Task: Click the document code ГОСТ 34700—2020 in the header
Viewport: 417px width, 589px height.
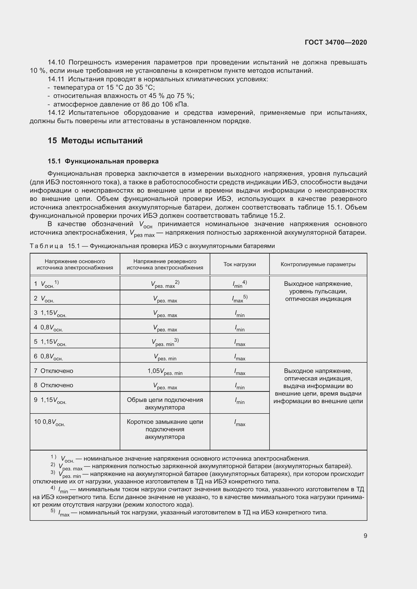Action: pyautogui.click(x=336, y=42)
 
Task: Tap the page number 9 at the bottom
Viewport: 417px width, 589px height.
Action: pyautogui.click(x=365, y=536)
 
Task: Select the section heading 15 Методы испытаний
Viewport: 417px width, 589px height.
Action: pyautogui.click(x=95, y=141)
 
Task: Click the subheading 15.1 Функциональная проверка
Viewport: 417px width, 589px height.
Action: pyautogui.click(x=103, y=161)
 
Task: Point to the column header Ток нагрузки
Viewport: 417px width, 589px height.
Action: pyautogui.click(x=239, y=264)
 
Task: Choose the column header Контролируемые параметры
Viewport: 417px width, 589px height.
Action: pyautogui.click(x=318, y=264)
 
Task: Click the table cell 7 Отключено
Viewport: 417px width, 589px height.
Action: pyautogui.click(x=54, y=371)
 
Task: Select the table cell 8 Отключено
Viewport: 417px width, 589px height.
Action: pyautogui.click(x=54, y=385)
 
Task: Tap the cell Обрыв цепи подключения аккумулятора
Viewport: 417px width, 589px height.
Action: pyautogui.click(x=165, y=403)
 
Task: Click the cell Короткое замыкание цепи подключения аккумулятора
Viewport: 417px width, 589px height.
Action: pyautogui.click(x=165, y=429)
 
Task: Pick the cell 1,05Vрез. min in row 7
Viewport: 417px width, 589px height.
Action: pyautogui.click(x=165, y=371)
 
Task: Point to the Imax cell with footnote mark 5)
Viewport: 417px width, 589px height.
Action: pyautogui.click(x=240, y=299)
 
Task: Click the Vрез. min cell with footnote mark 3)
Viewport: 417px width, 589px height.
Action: pyautogui.click(x=165, y=342)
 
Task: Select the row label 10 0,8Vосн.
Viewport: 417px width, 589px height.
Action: pyautogui.click(x=50, y=422)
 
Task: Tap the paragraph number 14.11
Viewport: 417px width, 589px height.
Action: pyautogui.click(x=56, y=79)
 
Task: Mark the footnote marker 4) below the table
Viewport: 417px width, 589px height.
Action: pyautogui.click(x=53, y=488)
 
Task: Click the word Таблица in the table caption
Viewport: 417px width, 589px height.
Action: pyautogui.click(x=46, y=246)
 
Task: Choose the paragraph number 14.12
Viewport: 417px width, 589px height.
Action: pyautogui.click(x=56, y=113)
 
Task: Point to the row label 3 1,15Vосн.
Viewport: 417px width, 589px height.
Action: pyautogui.click(x=50, y=313)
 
